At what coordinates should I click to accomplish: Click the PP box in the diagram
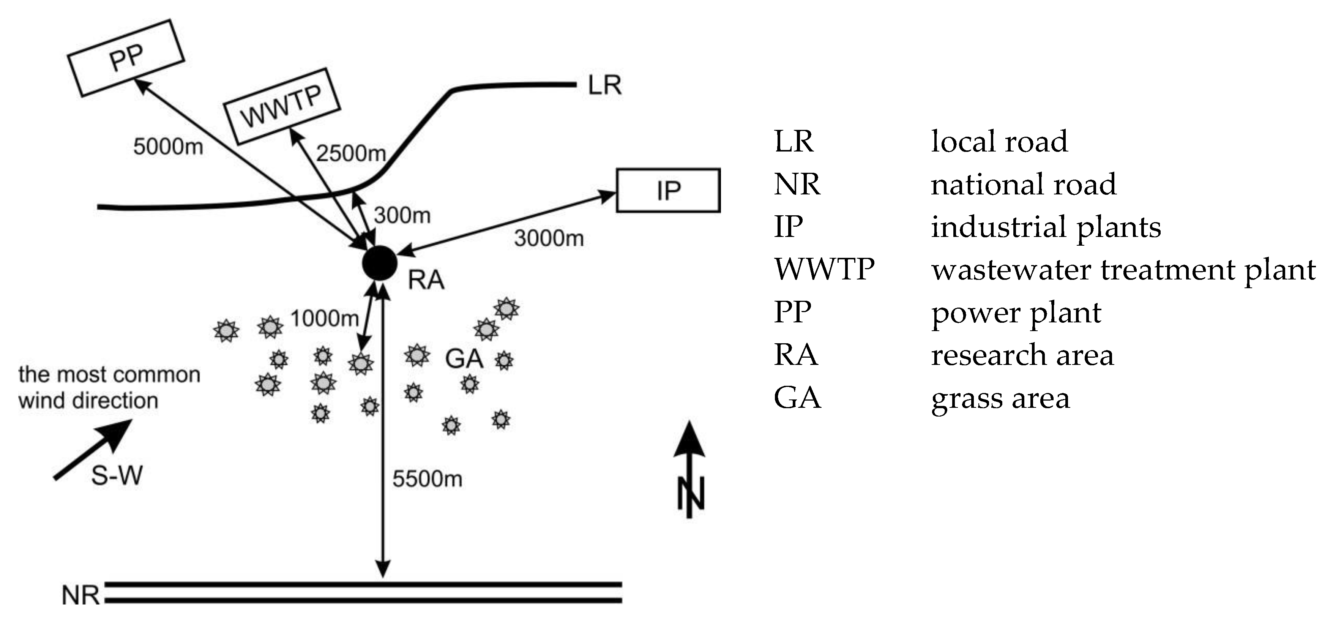(126, 58)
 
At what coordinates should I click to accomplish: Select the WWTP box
(281, 106)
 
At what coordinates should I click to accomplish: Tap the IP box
(668, 190)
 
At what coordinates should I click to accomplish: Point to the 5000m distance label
(168, 147)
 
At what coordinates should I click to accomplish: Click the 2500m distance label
(351, 153)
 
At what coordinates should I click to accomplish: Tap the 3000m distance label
(549, 238)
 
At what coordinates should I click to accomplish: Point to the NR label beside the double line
(80, 595)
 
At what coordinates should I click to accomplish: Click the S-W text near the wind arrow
(117, 475)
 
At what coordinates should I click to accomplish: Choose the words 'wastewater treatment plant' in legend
(1123, 270)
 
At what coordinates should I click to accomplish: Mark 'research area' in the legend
(1022, 355)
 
